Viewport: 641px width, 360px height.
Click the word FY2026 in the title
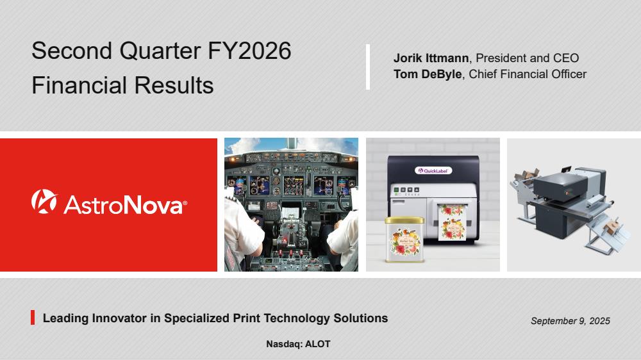click(x=249, y=51)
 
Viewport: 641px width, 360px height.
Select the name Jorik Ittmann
click(x=431, y=58)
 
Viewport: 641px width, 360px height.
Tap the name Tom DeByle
click(x=428, y=74)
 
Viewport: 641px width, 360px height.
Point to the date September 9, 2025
click(x=570, y=321)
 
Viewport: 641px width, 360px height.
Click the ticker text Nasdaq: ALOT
click(x=298, y=344)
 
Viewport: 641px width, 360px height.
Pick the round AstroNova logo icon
click(x=44, y=201)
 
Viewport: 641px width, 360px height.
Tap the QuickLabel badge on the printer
click(x=433, y=170)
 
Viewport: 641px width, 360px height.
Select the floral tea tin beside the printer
click(x=404, y=239)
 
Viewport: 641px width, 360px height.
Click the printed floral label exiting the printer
click(x=452, y=222)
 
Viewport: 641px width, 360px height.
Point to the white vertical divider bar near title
click(x=368, y=67)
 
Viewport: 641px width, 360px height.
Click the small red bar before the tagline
click(x=33, y=318)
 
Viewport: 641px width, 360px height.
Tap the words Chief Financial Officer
click(x=528, y=74)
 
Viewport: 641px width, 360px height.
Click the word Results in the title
click(x=174, y=85)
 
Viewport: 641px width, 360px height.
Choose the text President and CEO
click(x=528, y=58)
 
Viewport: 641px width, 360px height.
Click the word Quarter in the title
click(x=160, y=51)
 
